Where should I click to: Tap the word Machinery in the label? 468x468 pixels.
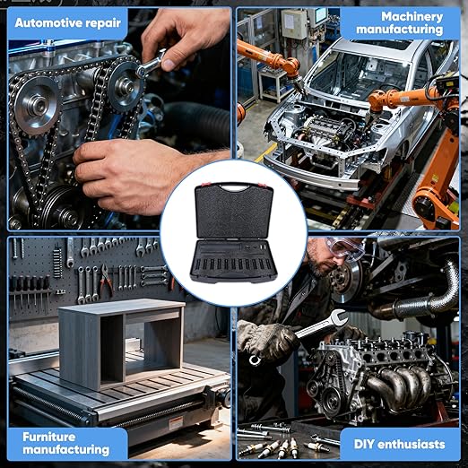412,17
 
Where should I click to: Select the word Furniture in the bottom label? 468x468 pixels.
49,437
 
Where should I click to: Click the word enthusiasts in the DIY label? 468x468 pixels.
412,444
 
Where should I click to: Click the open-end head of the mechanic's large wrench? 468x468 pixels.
338,317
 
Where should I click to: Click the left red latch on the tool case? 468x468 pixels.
204,184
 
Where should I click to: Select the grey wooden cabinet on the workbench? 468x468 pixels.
122,343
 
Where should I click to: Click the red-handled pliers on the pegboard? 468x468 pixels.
106,279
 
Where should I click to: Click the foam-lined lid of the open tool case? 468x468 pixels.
234,211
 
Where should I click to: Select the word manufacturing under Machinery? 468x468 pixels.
399,30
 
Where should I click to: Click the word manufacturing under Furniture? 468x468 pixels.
66,449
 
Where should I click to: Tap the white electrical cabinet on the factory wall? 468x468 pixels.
294,24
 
